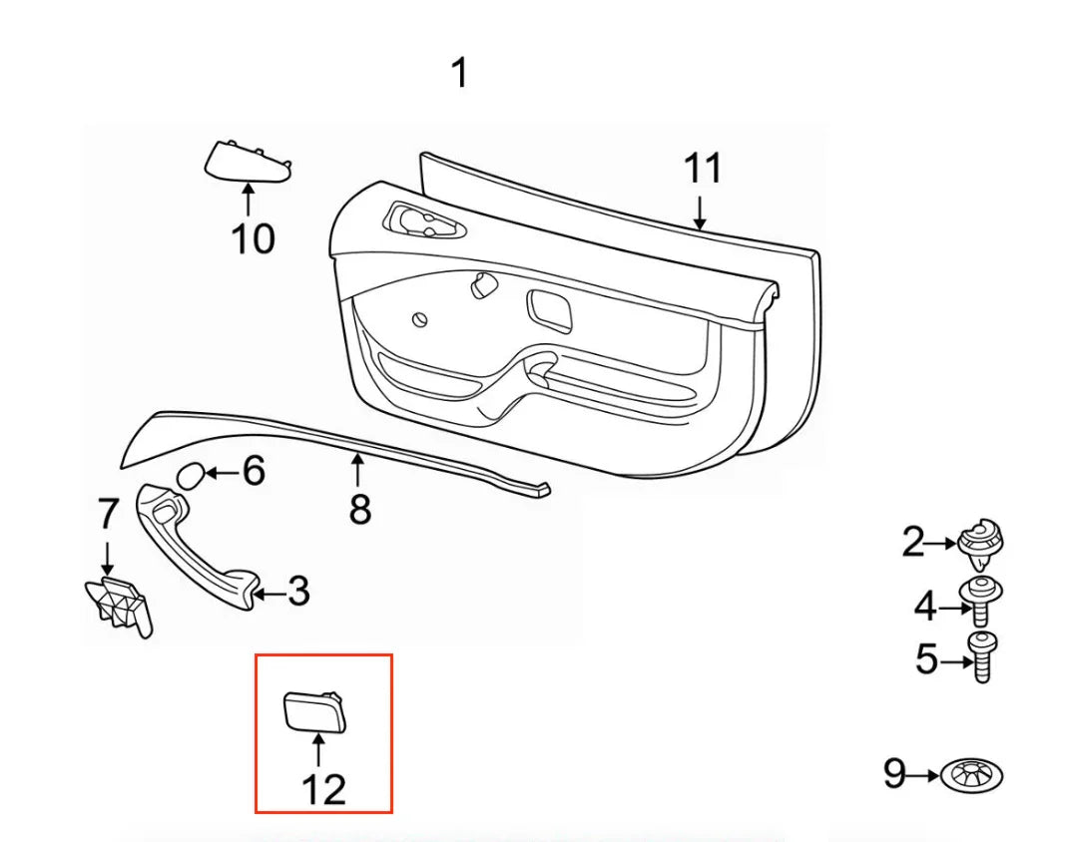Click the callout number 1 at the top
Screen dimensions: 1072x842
[460, 73]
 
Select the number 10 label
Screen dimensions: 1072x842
[253, 239]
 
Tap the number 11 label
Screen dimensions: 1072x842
[703, 169]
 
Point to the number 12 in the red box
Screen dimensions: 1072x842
[324, 790]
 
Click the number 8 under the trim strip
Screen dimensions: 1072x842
[360, 509]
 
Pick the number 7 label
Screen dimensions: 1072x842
[108, 514]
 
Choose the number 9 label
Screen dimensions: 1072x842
[895, 773]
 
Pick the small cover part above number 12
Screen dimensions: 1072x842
[313, 710]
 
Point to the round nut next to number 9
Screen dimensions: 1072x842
[972, 776]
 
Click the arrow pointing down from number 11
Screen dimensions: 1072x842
[699, 212]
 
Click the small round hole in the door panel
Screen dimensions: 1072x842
[420, 319]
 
